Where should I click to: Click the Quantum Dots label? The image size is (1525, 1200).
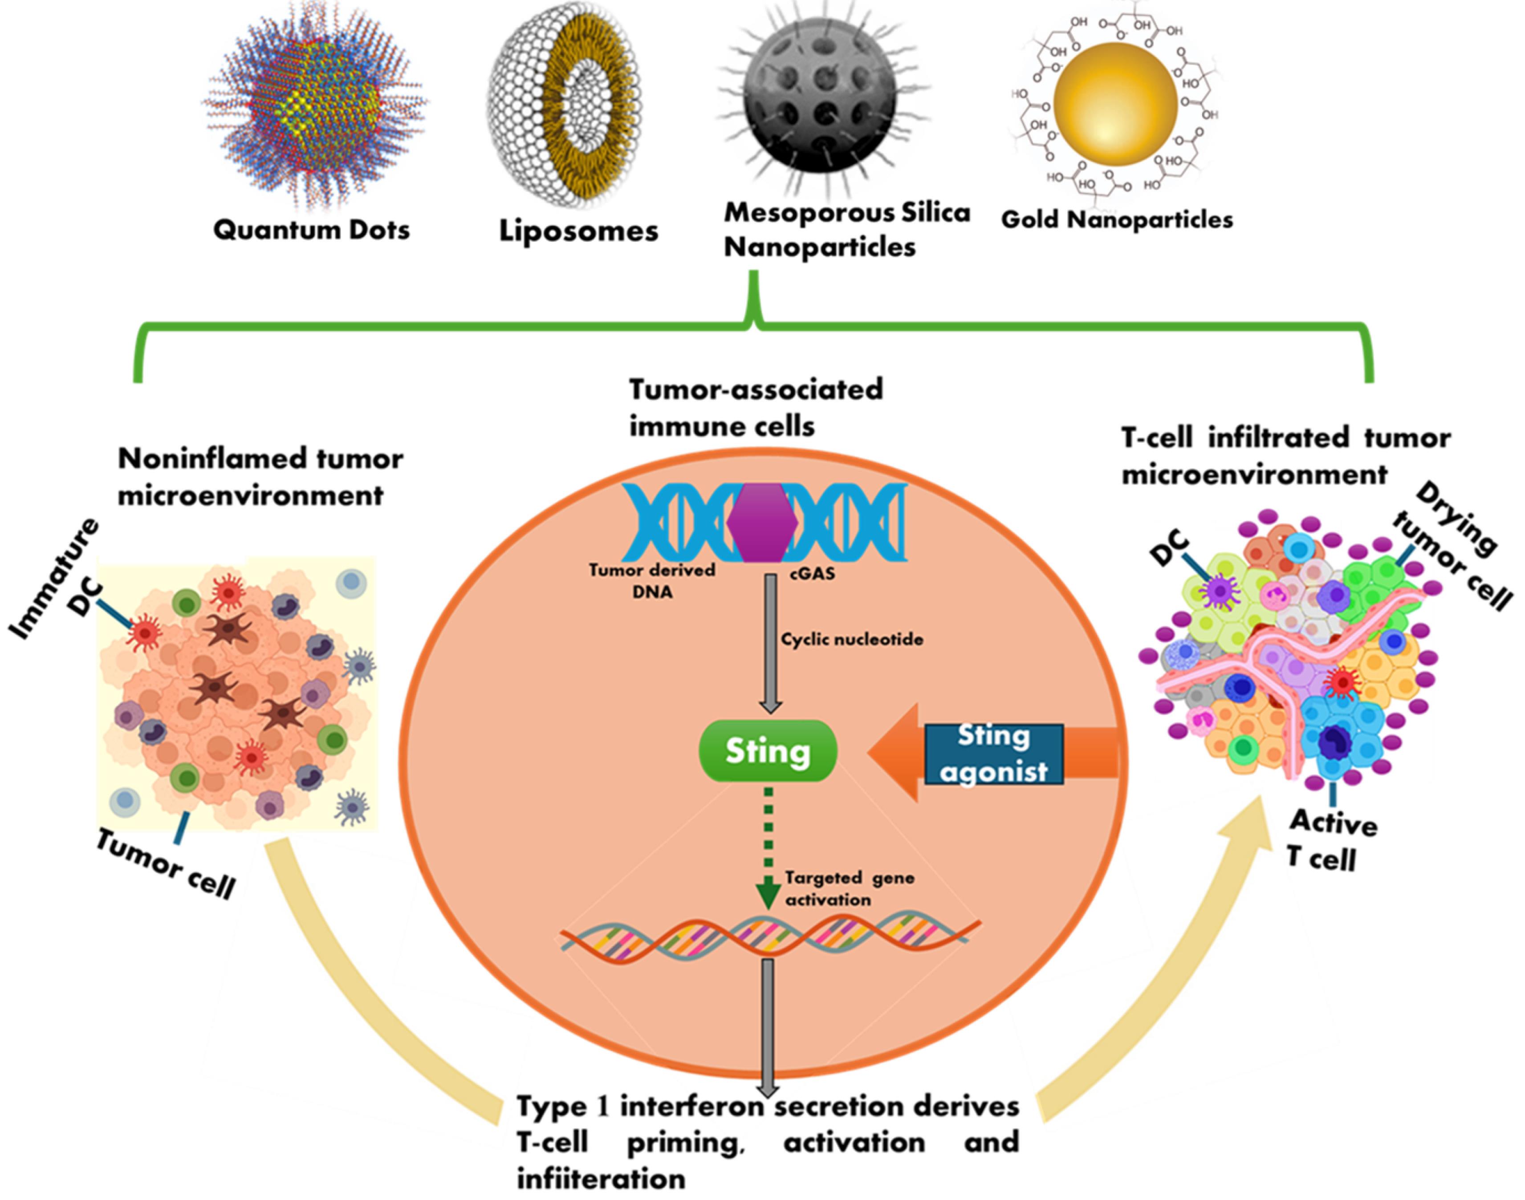311,230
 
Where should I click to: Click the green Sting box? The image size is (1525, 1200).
768,751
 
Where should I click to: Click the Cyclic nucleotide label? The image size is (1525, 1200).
852,639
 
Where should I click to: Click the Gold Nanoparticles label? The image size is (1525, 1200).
1117,220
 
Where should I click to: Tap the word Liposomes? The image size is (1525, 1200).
578,231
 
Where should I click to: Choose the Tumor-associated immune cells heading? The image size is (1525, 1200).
756,408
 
